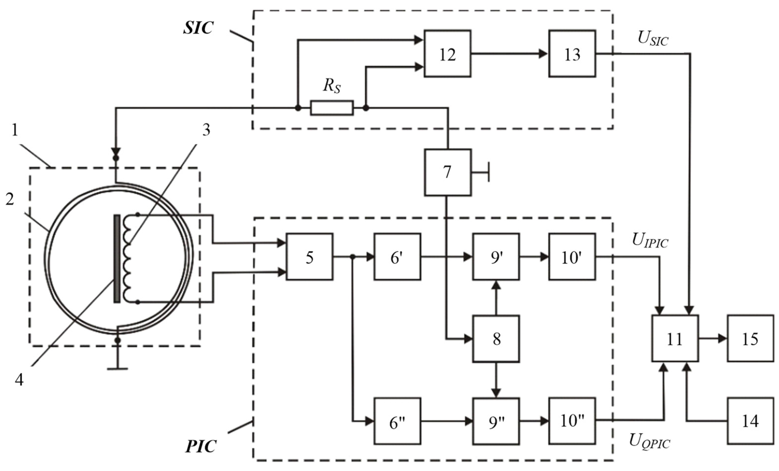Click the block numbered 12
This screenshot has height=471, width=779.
point(447,54)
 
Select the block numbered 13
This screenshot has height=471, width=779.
point(572,54)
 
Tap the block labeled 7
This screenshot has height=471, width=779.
point(448,172)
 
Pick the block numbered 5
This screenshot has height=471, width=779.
point(309,257)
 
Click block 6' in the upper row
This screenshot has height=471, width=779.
point(397,257)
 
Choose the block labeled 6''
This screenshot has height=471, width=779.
point(397,421)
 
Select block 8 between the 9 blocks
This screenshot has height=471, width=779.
point(496,339)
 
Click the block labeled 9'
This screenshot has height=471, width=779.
point(496,257)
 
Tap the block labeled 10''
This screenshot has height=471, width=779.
point(572,421)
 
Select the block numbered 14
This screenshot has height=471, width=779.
point(750,421)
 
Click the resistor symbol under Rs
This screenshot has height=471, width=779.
point(332,108)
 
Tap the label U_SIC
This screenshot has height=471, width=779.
point(653,39)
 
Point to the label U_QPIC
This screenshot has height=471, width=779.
point(650,441)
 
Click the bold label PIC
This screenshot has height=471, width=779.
point(201,446)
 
